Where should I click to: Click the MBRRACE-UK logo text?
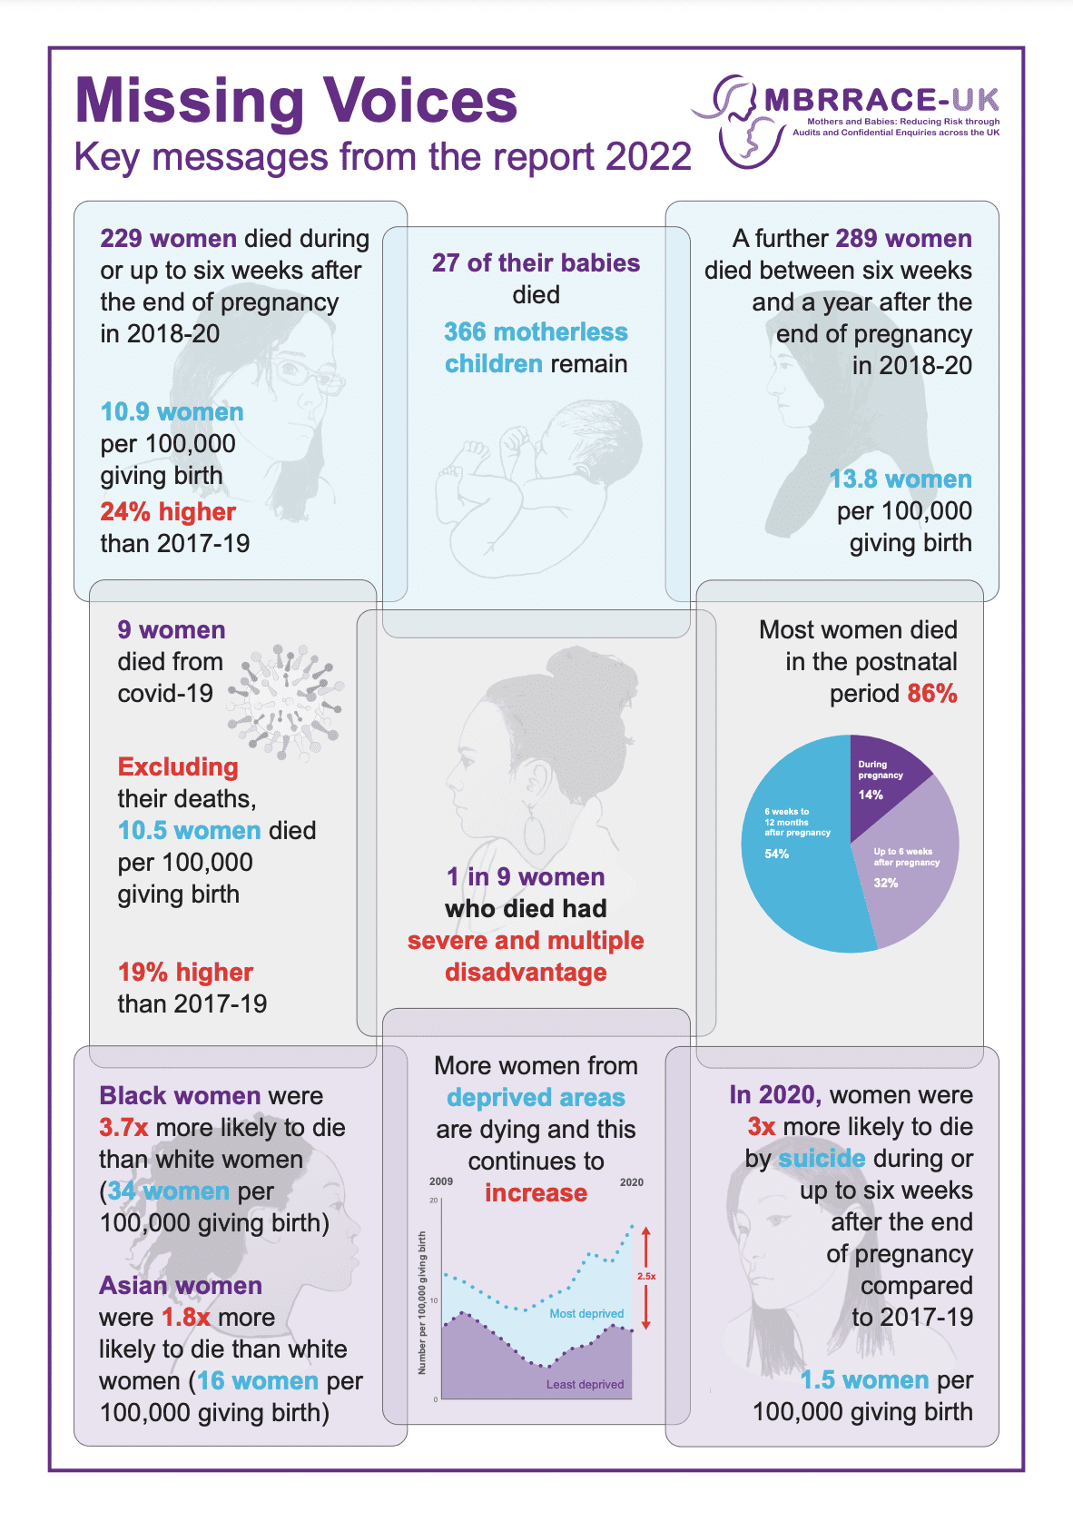coord(881,100)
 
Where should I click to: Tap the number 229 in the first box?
coord(121,239)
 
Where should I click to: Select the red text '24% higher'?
coord(168,511)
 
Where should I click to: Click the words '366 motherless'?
coord(536,331)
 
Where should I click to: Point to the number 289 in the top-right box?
coord(856,239)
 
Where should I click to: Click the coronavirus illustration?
coord(286,702)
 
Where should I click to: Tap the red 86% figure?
coord(931,693)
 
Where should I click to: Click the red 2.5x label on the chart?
coord(645,1276)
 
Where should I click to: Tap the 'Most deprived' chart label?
coord(586,1313)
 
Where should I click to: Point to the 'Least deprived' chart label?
coord(585,1384)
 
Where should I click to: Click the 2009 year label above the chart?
coord(441,1181)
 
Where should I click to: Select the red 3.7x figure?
coord(123,1127)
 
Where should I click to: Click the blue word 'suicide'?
coord(822,1159)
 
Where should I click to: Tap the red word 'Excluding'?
coord(178,766)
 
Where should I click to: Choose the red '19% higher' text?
coord(185,972)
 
